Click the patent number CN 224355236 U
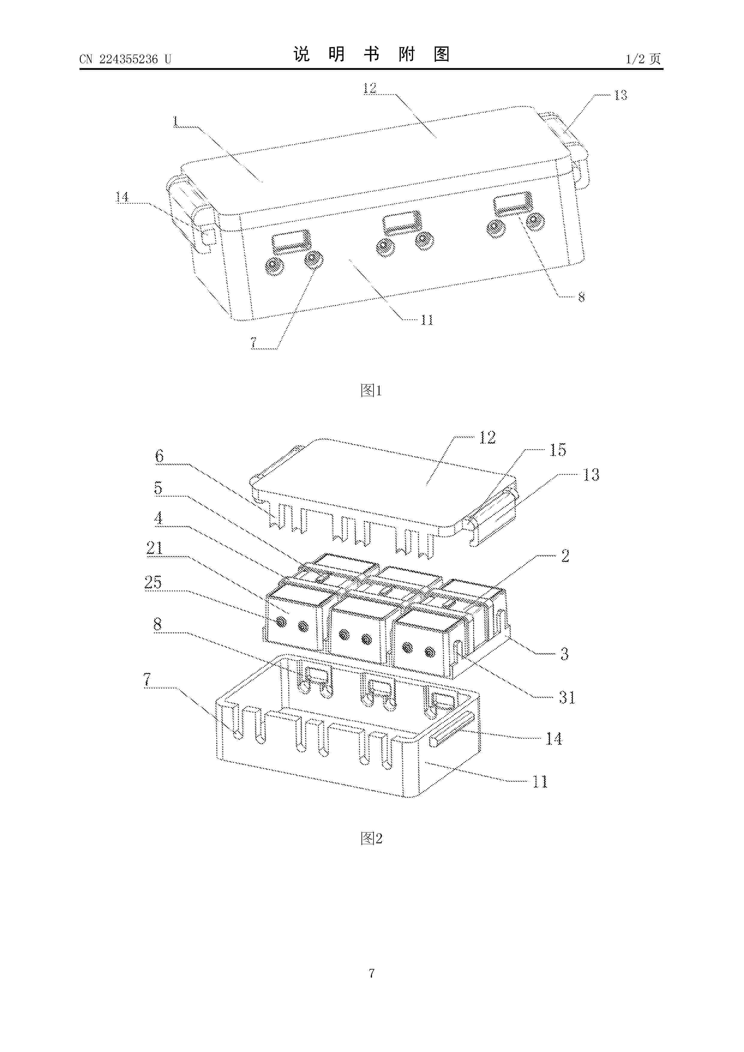[x=125, y=59]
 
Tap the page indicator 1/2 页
[x=643, y=59]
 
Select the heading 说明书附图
[x=371, y=54]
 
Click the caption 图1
[x=371, y=390]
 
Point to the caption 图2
[x=371, y=838]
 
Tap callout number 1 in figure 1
[x=175, y=121]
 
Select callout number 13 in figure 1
[x=620, y=95]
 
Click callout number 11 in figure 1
[x=427, y=320]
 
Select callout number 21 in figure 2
[x=154, y=548]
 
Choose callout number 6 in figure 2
[x=159, y=456]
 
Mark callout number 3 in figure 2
[x=565, y=654]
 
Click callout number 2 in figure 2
[x=565, y=556]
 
